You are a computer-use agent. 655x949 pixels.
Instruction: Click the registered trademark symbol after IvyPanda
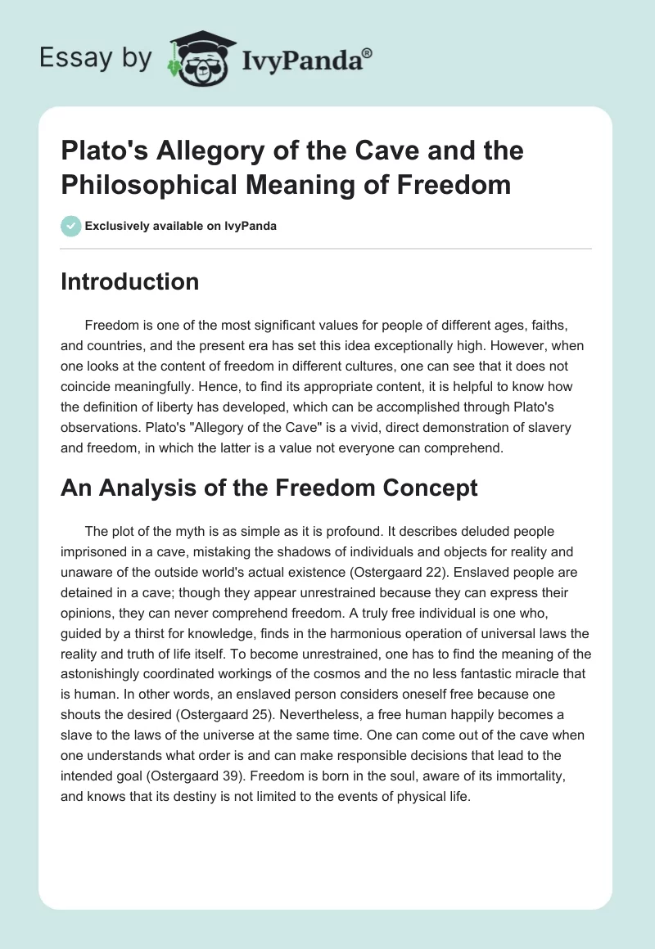tap(368, 53)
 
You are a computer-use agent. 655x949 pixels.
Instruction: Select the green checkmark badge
tap(71, 226)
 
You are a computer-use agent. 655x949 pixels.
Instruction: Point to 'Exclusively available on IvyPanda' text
tap(180, 226)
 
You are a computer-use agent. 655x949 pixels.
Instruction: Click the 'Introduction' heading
tap(130, 282)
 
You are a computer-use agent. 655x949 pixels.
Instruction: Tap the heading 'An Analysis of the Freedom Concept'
tap(269, 488)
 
